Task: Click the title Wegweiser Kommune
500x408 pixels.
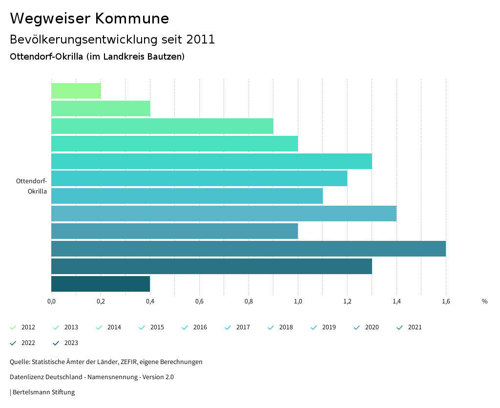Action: coord(89,19)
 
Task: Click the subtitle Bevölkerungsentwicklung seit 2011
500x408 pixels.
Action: coord(112,40)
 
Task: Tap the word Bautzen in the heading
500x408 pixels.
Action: coord(167,57)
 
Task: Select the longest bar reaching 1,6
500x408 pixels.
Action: coord(248,249)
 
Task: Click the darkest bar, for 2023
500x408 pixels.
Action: coord(101,284)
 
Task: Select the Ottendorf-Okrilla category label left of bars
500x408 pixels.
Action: coord(32,186)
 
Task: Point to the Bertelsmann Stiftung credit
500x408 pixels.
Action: coord(43,392)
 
